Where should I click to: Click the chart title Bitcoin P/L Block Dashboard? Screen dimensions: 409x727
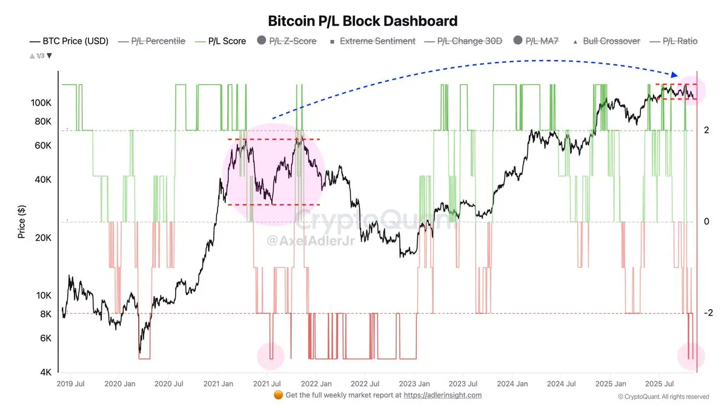(363, 21)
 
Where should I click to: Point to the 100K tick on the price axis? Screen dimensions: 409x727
(41, 103)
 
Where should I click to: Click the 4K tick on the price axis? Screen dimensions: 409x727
(45, 372)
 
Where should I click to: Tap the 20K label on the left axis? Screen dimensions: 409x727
(44, 238)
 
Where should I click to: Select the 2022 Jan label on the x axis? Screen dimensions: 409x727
(316, 384)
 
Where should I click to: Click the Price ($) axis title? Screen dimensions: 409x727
(22, 221)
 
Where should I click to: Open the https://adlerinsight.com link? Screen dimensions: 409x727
(443, 395)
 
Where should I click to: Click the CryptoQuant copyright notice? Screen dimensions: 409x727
(663, 397)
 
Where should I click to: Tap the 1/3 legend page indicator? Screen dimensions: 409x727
(41, 56)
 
